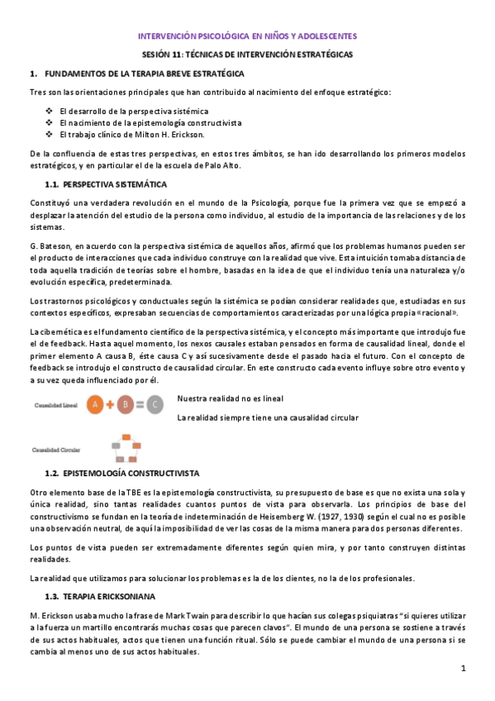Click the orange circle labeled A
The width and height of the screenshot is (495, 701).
pos(96,405)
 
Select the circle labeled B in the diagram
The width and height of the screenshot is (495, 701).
pos(124,405)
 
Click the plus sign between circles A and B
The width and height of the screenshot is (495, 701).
pos(110,405)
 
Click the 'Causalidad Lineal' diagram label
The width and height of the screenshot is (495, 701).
pos(56,406)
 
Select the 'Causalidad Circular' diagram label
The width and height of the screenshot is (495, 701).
pos(56,451)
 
